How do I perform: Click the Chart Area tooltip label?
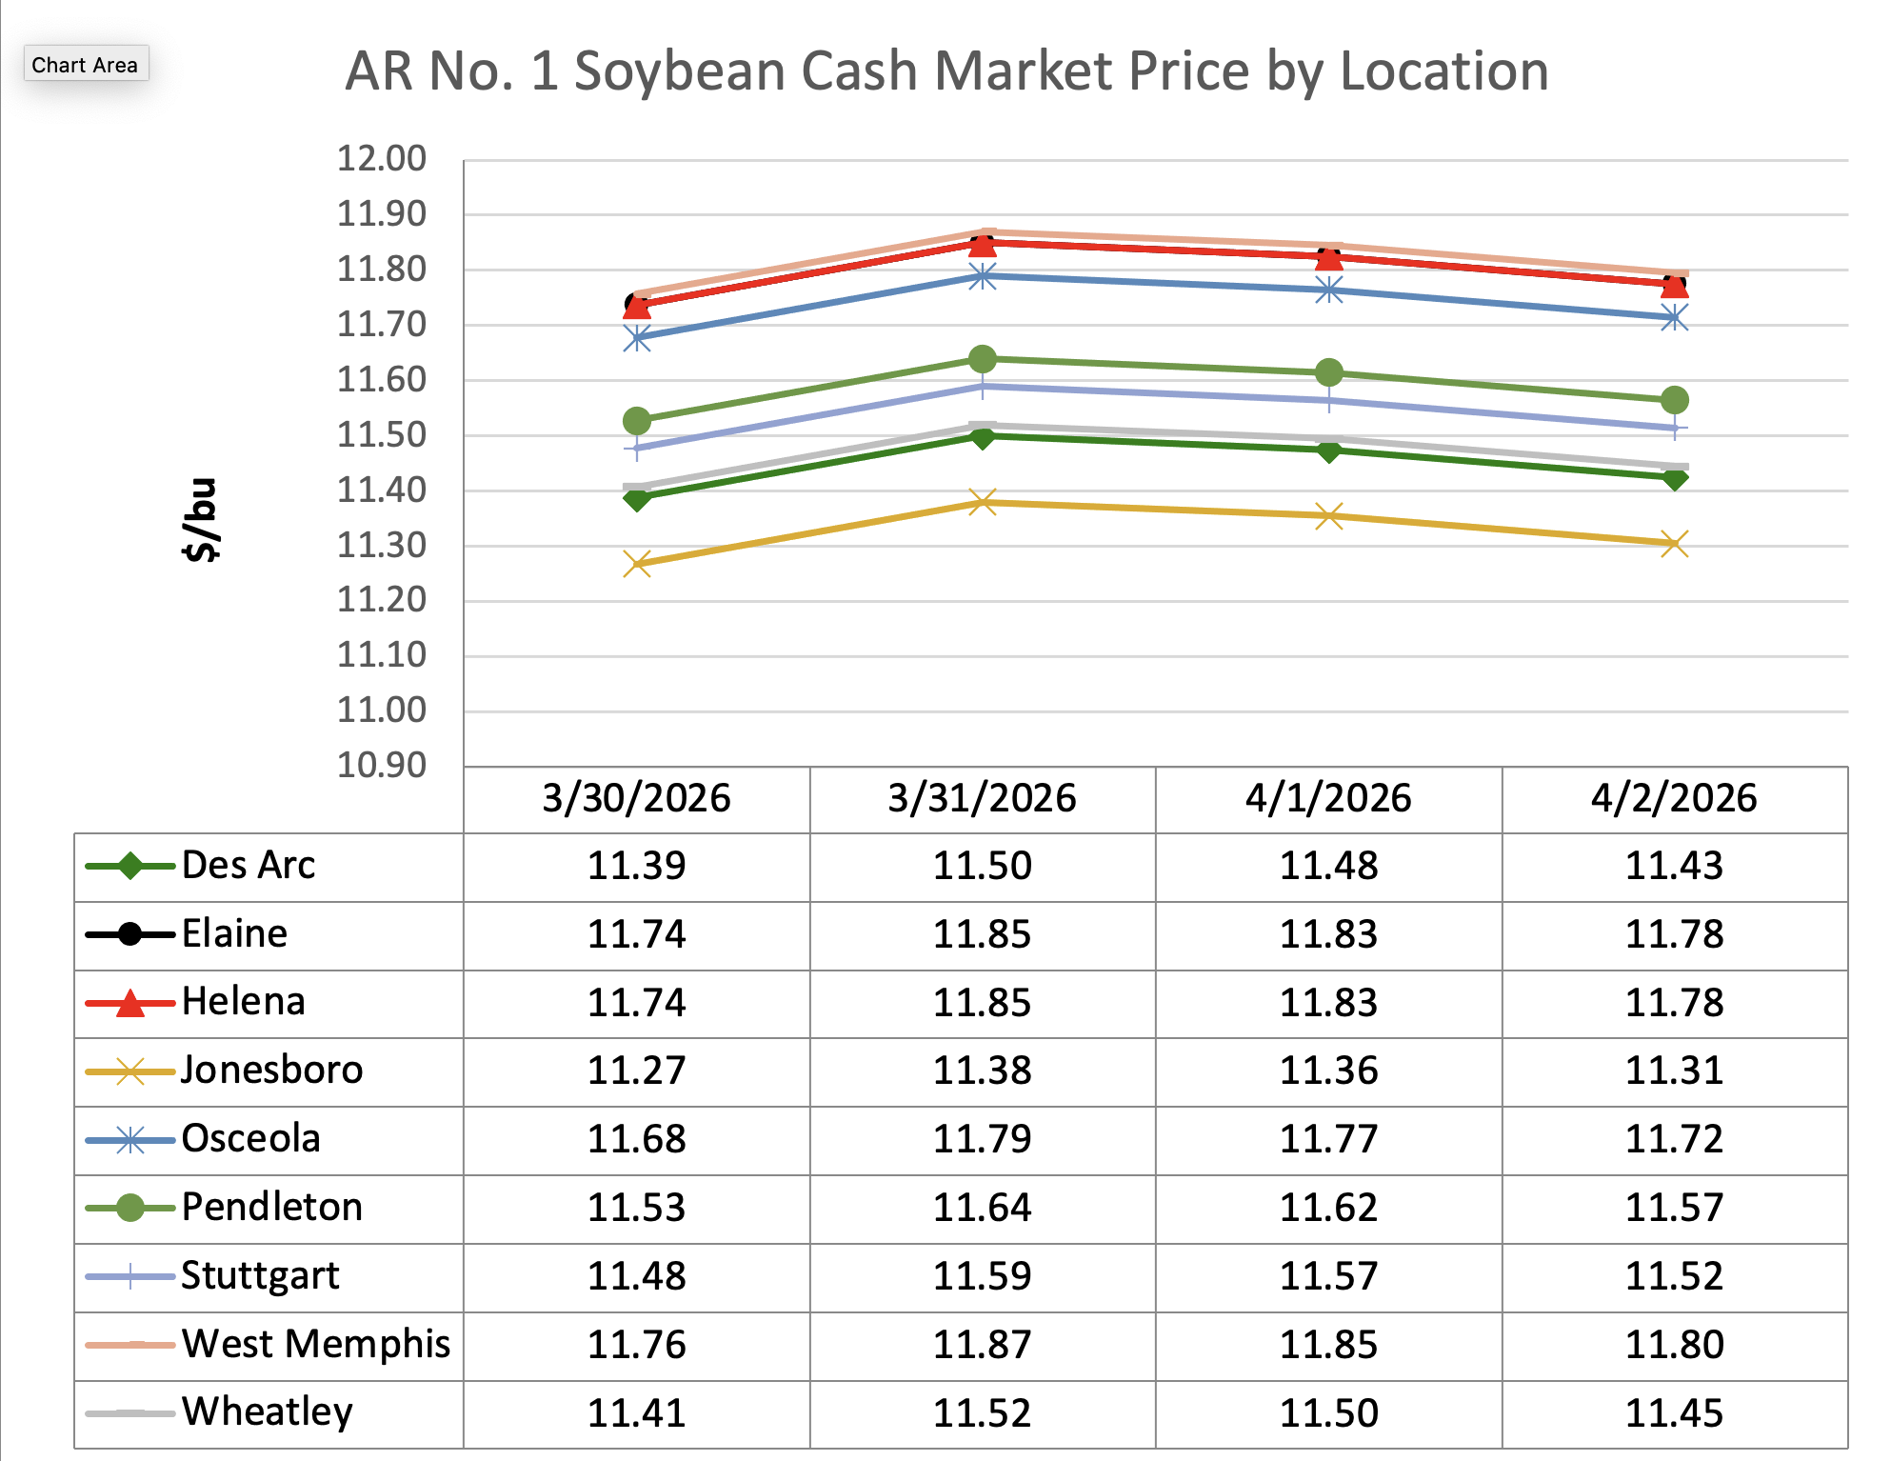coord(85,65)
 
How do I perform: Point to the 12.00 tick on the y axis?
coord(381,158)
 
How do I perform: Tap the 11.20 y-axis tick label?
coord(381,600)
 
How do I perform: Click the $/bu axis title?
coord(200,520)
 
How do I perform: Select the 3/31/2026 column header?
coord(982,798)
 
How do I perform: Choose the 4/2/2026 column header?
coord(1674,798)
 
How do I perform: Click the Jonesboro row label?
coord(272,1071)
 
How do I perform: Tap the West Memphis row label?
coord(316,1344)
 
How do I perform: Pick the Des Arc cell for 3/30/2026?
coord(636,866)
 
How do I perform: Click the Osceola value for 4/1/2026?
coord(1328,1139)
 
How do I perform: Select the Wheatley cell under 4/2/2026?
coord(1674,1413)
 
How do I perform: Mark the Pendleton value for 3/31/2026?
coord(982,1208)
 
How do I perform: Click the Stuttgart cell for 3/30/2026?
coord(636,1276)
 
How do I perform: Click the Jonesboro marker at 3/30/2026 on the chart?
coord(637,564)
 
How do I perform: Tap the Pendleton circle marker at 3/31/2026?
coord(983,359)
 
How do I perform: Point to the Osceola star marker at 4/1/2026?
coord(1329,290)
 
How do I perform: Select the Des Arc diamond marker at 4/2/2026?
coord(1675,478)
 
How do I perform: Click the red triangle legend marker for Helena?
coord(130,1003)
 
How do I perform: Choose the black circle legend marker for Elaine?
coord(130,934)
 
